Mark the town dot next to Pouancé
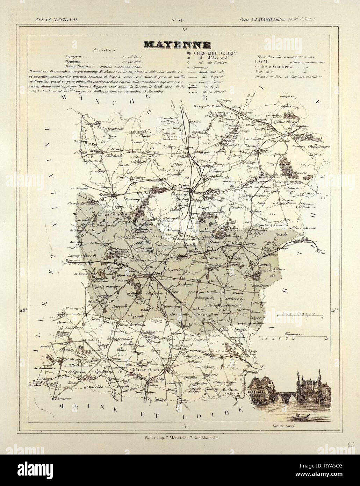click(x=52, y=398)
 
